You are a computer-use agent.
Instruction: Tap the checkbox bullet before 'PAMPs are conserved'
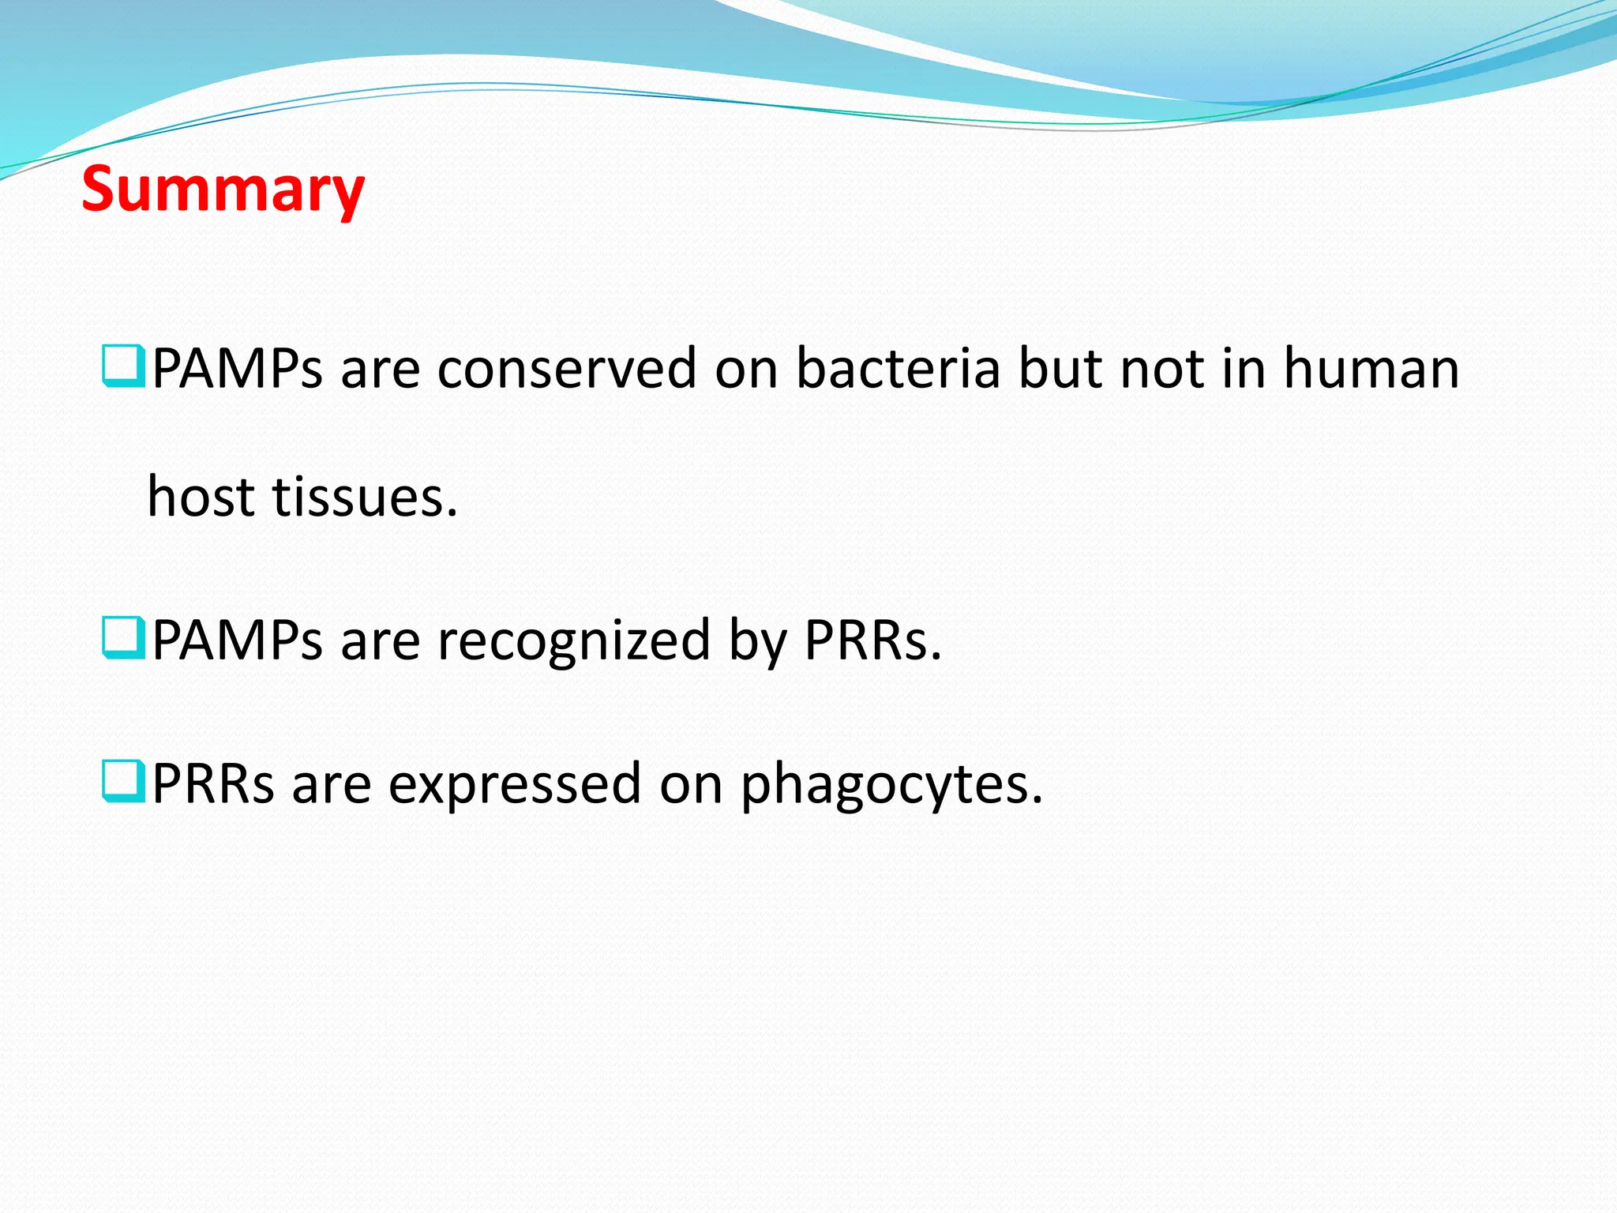click(x=123, y=366)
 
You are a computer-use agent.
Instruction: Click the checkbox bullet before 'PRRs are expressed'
click(x=123, y=781)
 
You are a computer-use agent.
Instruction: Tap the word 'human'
click(x=1371, y=369)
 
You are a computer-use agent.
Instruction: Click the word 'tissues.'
click(x=365, y=498)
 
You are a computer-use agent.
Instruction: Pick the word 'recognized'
click(x=574, y=640)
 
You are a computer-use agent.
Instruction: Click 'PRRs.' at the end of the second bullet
click(x=873, y=640)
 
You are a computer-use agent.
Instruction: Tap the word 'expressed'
click(x=514, y=784)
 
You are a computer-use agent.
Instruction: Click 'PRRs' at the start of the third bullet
click(x=213, y=784)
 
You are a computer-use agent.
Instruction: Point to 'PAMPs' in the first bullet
click(x=237, y=369)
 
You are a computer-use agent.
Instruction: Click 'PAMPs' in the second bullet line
click(x=237, y=640)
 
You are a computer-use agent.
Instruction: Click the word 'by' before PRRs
click(x=757, y=642)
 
